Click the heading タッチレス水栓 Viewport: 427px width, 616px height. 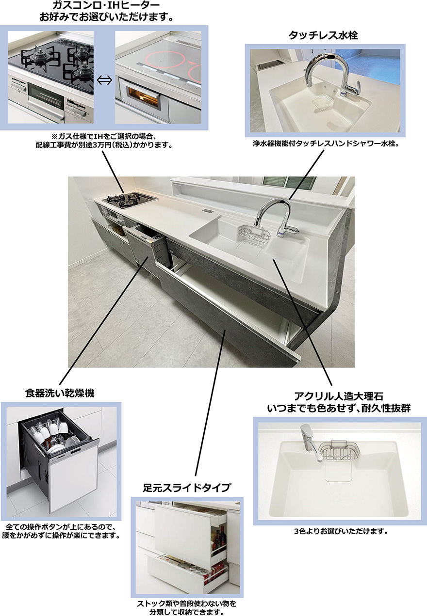(323, 35)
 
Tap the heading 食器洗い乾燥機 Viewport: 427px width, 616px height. (60, 393)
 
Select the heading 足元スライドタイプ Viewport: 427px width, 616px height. (187, 488)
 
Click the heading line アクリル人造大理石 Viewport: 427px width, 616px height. (339, 396)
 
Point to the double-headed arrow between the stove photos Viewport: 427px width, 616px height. (104, 80)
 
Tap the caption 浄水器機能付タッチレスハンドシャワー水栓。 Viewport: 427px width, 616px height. (326, 143)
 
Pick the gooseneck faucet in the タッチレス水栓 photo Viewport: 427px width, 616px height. (330, 73)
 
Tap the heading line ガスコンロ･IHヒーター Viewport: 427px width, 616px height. (106, 5)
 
